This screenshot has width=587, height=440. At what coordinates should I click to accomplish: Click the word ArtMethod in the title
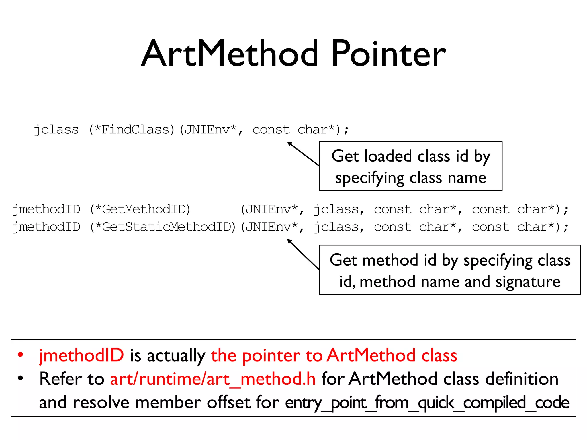pos(229,54)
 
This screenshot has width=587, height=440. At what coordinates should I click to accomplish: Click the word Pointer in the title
pos(388,54)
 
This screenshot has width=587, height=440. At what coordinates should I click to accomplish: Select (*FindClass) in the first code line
pos(132,130)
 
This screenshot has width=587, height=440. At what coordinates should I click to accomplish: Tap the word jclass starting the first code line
pos(56,130)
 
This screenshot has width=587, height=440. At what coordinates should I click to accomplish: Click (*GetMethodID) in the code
pos(140,209)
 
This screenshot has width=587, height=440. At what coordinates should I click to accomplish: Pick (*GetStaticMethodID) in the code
pos(163,227)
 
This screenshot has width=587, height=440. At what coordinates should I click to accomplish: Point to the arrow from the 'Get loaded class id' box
pos(303,154)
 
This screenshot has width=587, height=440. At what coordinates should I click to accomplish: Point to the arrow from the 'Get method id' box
pos(303,254)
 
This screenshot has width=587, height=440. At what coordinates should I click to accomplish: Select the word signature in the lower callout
pos(528,282)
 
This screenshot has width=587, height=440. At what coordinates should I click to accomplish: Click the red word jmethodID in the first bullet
pos(81,355)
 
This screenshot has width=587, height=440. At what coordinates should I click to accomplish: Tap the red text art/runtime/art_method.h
pos(213,379)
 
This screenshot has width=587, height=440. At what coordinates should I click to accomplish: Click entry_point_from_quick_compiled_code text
pos(427,403)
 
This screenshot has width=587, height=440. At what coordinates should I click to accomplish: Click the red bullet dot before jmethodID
pos(20,355)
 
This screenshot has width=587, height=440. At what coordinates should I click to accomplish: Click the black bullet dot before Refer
pos(20,378)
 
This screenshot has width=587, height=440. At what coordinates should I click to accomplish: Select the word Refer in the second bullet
pos(60,379)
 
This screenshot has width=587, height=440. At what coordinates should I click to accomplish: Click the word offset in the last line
pos(228,403)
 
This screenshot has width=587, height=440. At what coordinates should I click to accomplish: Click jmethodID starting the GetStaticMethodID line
pos(46,227)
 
